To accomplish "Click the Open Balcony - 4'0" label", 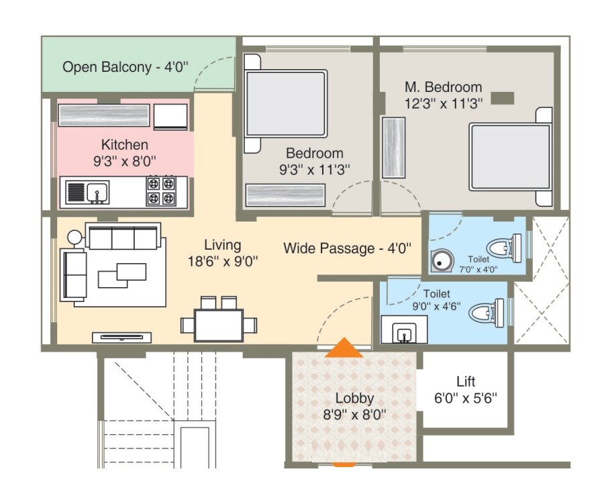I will point(125,67).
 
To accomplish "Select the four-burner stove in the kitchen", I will point(161,191).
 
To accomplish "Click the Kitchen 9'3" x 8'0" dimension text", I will point(125,152).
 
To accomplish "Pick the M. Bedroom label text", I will point(443,95).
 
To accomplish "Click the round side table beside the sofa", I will point(73,237).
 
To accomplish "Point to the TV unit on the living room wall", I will point(121,338).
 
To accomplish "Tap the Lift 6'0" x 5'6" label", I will point(466,389).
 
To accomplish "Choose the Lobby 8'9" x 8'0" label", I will point(354,406).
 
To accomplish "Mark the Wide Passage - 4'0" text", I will point(348,248).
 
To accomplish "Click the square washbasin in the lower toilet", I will point(405,332).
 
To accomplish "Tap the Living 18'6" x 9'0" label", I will point(223,253).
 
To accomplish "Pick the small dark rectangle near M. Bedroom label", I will point(502,98).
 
